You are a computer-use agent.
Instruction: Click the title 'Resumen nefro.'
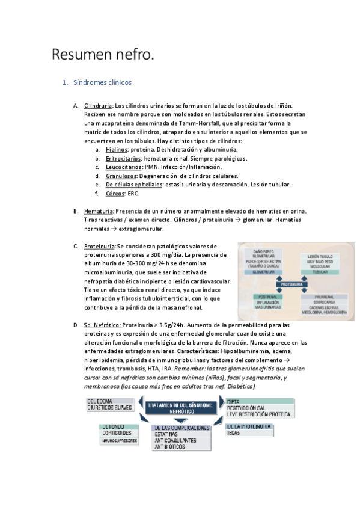coord(103,55)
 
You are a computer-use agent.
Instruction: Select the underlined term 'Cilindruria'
coord(98,106)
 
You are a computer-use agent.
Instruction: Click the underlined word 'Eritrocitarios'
coord(123,158)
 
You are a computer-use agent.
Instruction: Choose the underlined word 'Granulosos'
coord(120,176)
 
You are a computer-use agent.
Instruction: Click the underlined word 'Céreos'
coord(114,194)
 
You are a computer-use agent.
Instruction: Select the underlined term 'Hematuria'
coord(98,211)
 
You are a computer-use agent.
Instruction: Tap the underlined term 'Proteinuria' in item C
coord(100,247)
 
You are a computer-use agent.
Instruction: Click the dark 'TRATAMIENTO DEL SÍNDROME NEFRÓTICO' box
coord(180,410)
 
